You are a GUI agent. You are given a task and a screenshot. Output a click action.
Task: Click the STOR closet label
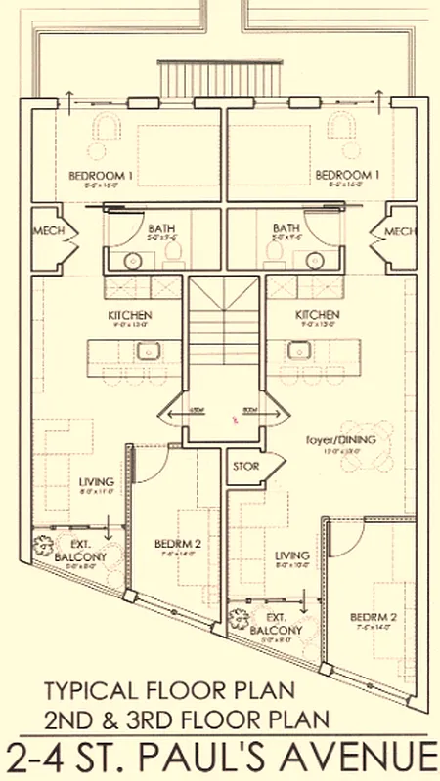pyautogui.click(x=245, y=466)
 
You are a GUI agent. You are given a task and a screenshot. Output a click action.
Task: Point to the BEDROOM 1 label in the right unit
pyautogui.click(x=343, y=175)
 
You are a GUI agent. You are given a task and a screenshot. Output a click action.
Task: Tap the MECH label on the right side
pyautogui.click(x=400, y=231)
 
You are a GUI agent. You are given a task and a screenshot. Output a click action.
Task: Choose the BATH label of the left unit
pyautogui.click(x=132, y=226)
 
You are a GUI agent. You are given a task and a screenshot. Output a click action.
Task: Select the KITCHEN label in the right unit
pyautogui.click(x=318, y=315)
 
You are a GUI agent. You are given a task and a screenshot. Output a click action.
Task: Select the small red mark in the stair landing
pyautogui.click(x=235, y=419)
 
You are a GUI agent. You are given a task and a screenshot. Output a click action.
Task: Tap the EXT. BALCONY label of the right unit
pyautogui.click(x=281, y=625)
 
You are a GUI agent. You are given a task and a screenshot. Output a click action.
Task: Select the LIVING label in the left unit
pyautogui.click(x=99, y=482)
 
